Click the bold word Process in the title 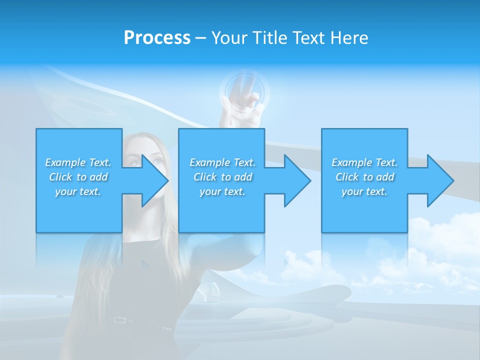[157, 38]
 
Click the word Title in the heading [269, 38]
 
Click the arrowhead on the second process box [297, 180]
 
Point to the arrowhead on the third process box [440, 180]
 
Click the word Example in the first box [65, 162]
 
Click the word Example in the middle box [209, 162]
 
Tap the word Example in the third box [351, 162]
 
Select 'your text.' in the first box [78, 191]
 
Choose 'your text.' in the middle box [222, 191]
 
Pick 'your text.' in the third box [364, 191]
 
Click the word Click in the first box [61, 177]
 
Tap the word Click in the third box [347, 177]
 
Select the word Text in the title [308, 38]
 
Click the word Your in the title [229, 38]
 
